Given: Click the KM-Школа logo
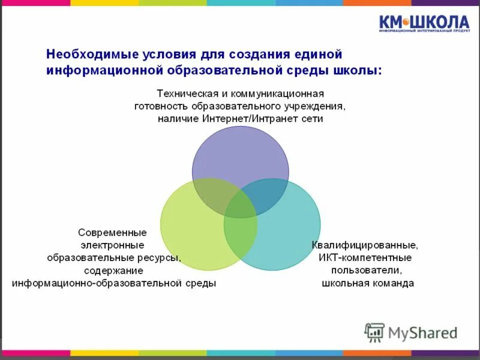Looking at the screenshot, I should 424,23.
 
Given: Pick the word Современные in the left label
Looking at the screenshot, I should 112,232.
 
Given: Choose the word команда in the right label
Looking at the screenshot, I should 393,283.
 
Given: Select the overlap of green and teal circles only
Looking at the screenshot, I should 241,237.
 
